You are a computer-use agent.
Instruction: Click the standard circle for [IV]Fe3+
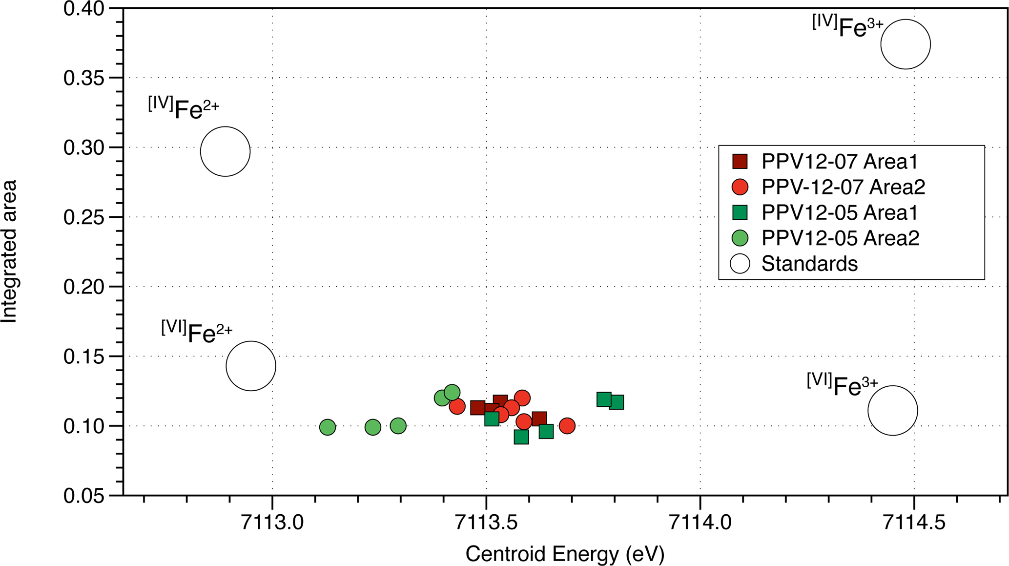click(x=905, y=44)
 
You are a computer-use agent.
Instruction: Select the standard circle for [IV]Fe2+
click(x=225, y=151)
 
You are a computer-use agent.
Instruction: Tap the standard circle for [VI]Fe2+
click(x=251, y=366)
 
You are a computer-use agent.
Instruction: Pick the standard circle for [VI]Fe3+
click(x=892, y=411)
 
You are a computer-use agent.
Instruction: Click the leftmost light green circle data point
click(x=328, y=427)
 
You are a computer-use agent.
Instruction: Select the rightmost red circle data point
click(x=567, y=426)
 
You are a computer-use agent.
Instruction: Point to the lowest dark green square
click(x=521, y=437)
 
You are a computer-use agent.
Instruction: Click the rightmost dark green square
click(x=616, y=402)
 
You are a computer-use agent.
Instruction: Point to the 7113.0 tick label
click(x=272, y=523)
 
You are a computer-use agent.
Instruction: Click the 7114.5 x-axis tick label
click(x=914, y=523)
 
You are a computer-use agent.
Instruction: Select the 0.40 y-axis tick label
click(x=84, y=9)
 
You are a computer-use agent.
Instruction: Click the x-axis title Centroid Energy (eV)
click(x=565, y=554)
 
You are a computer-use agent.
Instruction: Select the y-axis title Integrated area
click(x=9, y=252)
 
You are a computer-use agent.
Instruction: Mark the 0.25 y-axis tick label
click(x=84, y=217)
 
